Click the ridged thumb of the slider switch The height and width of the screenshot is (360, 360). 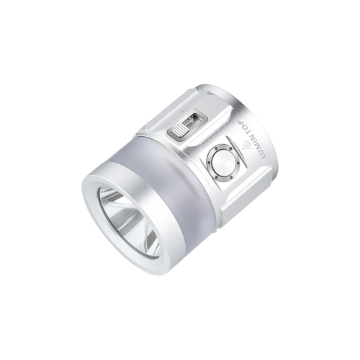click(178, 130)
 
